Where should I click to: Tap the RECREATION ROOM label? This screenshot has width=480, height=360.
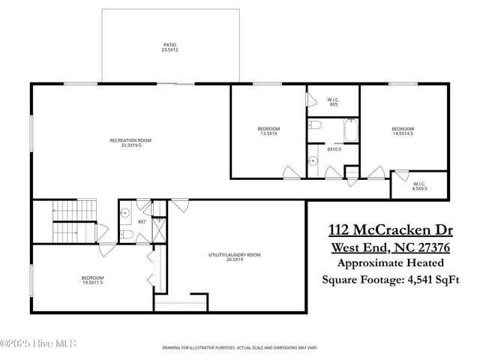click(x=130, y=143)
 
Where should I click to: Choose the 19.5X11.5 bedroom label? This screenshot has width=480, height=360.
click(x=91, y=282)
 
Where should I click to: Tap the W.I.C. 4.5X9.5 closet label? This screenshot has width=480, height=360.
click(x=419, y=186)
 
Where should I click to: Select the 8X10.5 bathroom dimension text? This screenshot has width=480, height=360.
click(x=334, y=148)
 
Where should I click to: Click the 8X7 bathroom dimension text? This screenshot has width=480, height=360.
click(x=140, y=221)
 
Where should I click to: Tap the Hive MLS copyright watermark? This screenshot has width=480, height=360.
click(x=43, y=344)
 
